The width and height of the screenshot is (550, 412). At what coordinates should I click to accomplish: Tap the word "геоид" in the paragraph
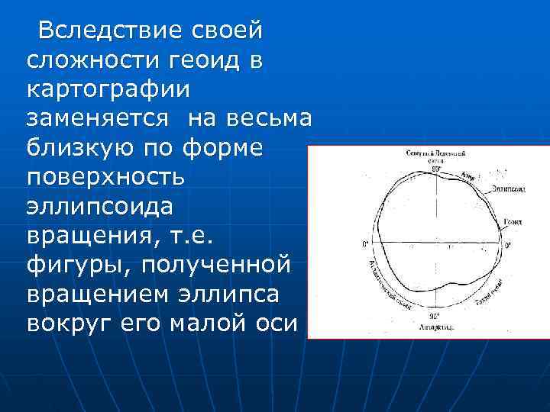click(202, 60)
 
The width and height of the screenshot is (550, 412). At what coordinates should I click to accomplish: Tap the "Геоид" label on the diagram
click(513, 222)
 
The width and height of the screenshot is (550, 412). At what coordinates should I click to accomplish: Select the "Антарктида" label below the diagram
click(437, 326)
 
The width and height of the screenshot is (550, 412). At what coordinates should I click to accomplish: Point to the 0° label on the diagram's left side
click(365, 245)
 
